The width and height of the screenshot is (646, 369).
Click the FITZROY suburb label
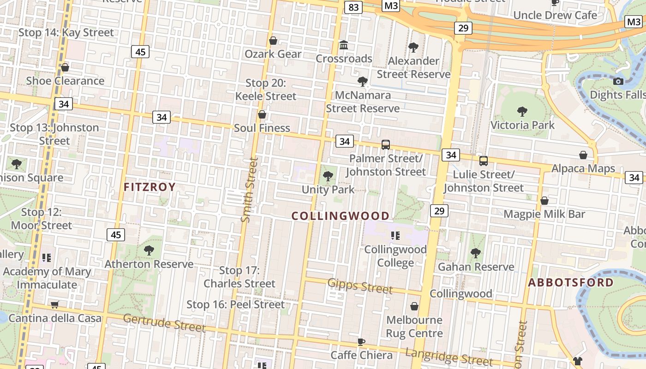click(150, 187)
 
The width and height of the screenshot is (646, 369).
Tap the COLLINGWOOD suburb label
click(341, 216)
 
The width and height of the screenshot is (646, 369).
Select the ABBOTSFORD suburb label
click(570, 283)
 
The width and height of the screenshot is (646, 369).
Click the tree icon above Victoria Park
click(522, 111)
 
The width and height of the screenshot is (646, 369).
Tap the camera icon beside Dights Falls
click(618, 82)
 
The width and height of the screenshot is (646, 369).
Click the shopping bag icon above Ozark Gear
click(273, 41)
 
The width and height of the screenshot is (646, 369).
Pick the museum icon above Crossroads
click(344, 45)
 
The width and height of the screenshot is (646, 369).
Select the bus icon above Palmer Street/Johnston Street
click(386, 145)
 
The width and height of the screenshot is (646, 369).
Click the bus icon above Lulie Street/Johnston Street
click(484, 161)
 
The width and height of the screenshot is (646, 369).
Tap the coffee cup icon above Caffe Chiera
click(361, 342)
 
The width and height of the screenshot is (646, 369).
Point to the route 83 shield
click(354, 7)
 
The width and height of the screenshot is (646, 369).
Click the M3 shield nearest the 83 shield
click(391, 6)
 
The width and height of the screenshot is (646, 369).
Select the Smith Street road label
click(249, 190)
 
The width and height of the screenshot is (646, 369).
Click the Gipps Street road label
click(360, 286)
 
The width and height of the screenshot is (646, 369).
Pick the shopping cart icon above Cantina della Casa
click(55, 304)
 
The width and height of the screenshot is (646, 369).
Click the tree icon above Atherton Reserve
click(149, 250)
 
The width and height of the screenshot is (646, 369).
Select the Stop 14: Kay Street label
click(66, 32)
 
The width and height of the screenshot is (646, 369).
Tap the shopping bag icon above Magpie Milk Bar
click(544, 201)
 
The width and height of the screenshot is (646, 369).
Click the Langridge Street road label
click(449, 357)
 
